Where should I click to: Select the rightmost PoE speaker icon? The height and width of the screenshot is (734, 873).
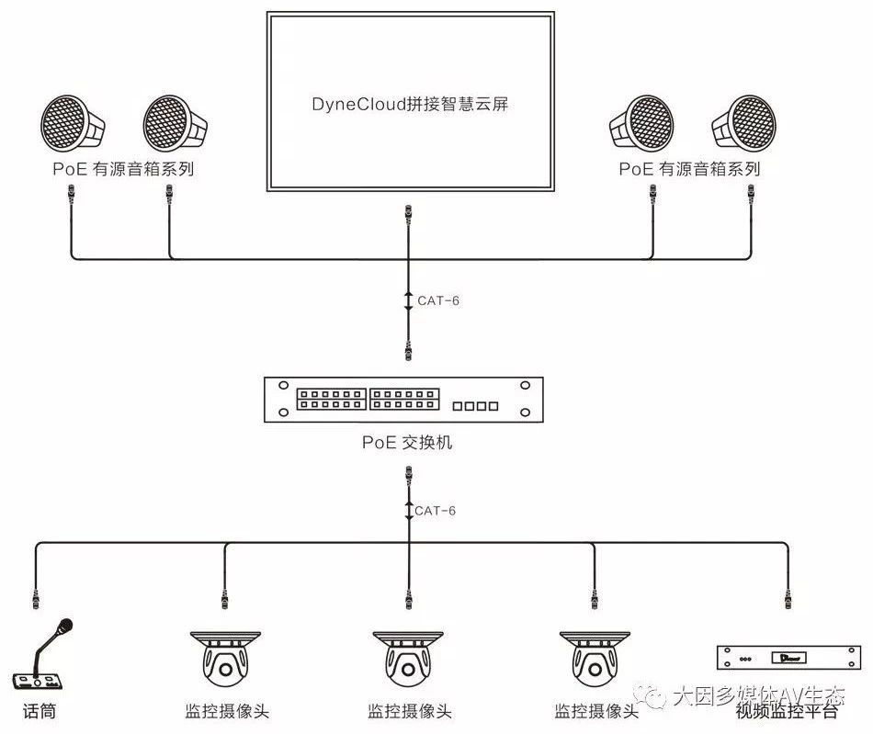pyautogui.click(x=743, y=125)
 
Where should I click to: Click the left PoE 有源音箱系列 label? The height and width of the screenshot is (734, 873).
pyautogui.click(x=123, y=170)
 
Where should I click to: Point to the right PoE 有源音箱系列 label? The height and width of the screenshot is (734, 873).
pyautogui.click(x=689, y=170)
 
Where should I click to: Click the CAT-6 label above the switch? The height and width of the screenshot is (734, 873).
pyautogui.click(x=437, y=299)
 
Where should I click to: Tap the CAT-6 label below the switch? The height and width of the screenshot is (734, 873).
pyautogui.click(x=435, y=510)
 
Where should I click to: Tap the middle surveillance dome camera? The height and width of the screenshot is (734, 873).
pyautogui.click(x=408, y=660)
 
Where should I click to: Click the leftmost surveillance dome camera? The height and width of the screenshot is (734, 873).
pyautogui.click(x=224, y=660)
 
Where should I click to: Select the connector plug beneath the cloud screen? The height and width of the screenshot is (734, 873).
pyautogui.click(x=408, y=220)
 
